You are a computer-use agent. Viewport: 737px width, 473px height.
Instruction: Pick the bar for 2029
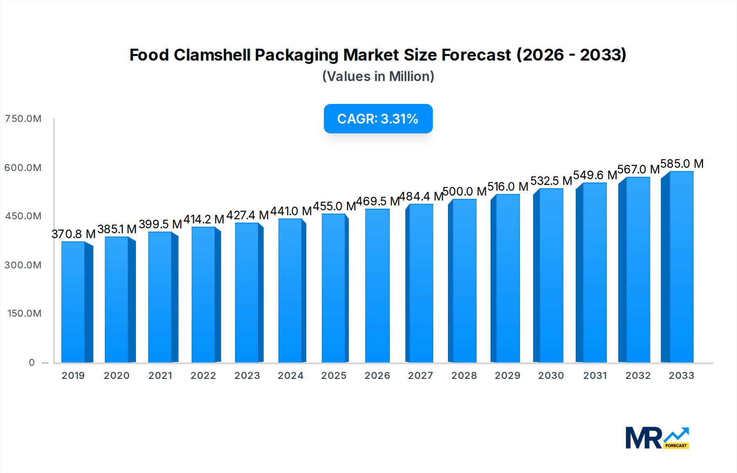507,278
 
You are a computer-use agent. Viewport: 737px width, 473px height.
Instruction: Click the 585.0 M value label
682,164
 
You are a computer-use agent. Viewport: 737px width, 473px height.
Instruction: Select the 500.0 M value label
464,191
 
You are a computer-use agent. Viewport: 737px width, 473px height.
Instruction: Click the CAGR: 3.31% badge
378,119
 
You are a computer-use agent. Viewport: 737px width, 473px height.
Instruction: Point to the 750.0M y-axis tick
23,119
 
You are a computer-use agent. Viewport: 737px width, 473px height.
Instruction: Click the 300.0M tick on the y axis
23,265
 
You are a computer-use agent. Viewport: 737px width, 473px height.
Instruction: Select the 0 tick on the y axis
32,363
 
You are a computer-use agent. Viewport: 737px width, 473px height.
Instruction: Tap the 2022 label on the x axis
203,376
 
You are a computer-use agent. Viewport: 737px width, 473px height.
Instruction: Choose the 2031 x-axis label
595,376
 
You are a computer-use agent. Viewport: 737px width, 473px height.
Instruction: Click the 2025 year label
334,376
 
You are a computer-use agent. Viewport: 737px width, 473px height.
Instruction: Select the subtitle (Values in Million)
378,77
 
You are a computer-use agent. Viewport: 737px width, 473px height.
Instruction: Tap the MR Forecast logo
657,438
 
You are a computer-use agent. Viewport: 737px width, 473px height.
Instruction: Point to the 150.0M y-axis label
25,313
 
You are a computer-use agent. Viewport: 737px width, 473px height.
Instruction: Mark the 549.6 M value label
595,175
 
